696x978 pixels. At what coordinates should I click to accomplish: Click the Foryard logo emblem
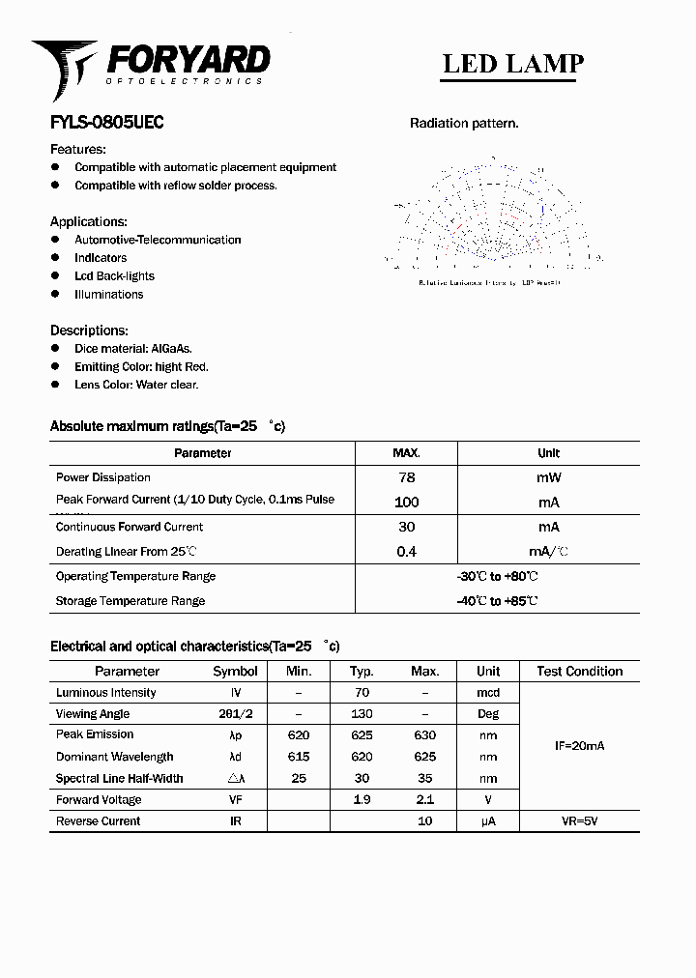[64, 68]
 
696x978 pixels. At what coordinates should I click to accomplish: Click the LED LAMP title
[512, 64]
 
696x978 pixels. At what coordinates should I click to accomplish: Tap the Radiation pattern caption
[464, 123]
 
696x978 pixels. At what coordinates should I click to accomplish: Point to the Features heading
[78, 149]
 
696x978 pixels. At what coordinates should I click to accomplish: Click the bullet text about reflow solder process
[176, 186]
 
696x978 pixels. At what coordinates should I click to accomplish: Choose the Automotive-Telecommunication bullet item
[158, 240]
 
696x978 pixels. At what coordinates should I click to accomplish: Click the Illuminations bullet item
[108, 295]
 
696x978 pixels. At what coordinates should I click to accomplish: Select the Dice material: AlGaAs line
[133, 348]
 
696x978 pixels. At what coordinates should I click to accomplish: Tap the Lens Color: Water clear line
[136, 385]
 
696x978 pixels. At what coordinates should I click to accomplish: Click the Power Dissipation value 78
[406, 477]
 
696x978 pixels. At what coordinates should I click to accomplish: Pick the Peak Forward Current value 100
[406, 502]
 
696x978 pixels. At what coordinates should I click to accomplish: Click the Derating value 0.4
[406, 552]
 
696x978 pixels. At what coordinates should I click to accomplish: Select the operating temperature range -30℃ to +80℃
[497, 577]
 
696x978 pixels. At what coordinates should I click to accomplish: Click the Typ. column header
[362, 671]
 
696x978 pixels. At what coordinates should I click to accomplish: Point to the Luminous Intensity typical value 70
[362, 693]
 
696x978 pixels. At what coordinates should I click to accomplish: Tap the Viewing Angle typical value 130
[362, 714]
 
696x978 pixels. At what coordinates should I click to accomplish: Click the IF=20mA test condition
[579, 746]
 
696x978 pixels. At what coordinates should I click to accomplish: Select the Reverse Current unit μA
[488, 821]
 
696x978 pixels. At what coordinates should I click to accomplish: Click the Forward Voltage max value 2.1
[424, 800]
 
